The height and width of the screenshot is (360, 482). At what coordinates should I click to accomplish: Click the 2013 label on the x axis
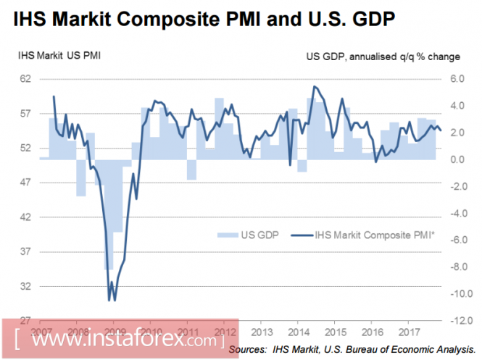[x=262, y=332]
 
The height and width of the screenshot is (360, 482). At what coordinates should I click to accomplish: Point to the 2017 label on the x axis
[x=410, y=332]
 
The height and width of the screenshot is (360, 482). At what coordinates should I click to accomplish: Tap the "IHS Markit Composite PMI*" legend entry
[x=366, y=234]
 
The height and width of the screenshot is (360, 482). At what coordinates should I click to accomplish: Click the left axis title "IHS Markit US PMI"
[x=59, y=54]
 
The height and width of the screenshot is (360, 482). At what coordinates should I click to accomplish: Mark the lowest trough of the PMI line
[x=109, y=300]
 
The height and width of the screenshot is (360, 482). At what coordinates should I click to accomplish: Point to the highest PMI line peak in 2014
[x=314, y=86]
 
